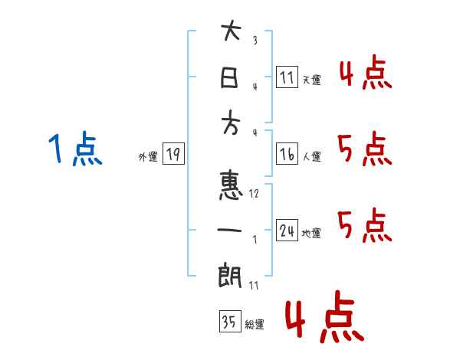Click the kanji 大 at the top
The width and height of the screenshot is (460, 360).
tap(231, 31)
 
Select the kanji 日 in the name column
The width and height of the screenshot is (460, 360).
tap(229, 77)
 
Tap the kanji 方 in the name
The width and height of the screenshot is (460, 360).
tap(231, 123)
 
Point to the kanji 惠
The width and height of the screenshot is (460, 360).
tap(231, 186)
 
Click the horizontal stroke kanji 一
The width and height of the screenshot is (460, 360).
tap(229, 230)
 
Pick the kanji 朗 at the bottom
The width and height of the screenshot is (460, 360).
tap(230, 275)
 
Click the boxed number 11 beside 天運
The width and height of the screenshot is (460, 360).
tap(287, 77)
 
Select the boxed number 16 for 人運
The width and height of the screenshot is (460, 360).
tap(287, 154)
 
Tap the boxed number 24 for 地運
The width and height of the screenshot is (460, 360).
tap(287, 230)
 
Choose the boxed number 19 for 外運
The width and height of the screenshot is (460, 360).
tap(173, 154)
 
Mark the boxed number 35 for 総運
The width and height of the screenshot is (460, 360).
tap(230, 321)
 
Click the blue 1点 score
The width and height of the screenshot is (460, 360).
tap(75, 149)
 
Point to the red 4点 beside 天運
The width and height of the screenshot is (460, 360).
tap(366, 72)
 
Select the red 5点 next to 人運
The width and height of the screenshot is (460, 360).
tap(365, 149)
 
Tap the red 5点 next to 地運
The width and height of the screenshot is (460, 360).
tap(365, 225)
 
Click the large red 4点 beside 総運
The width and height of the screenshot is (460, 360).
tap(325, 316)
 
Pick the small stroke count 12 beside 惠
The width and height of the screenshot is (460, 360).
tap(254, 194)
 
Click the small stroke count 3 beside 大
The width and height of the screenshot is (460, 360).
tap(255, 40)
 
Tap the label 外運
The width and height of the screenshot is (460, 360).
tap(148, 157)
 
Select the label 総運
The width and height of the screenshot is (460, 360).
tap(255, 325)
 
